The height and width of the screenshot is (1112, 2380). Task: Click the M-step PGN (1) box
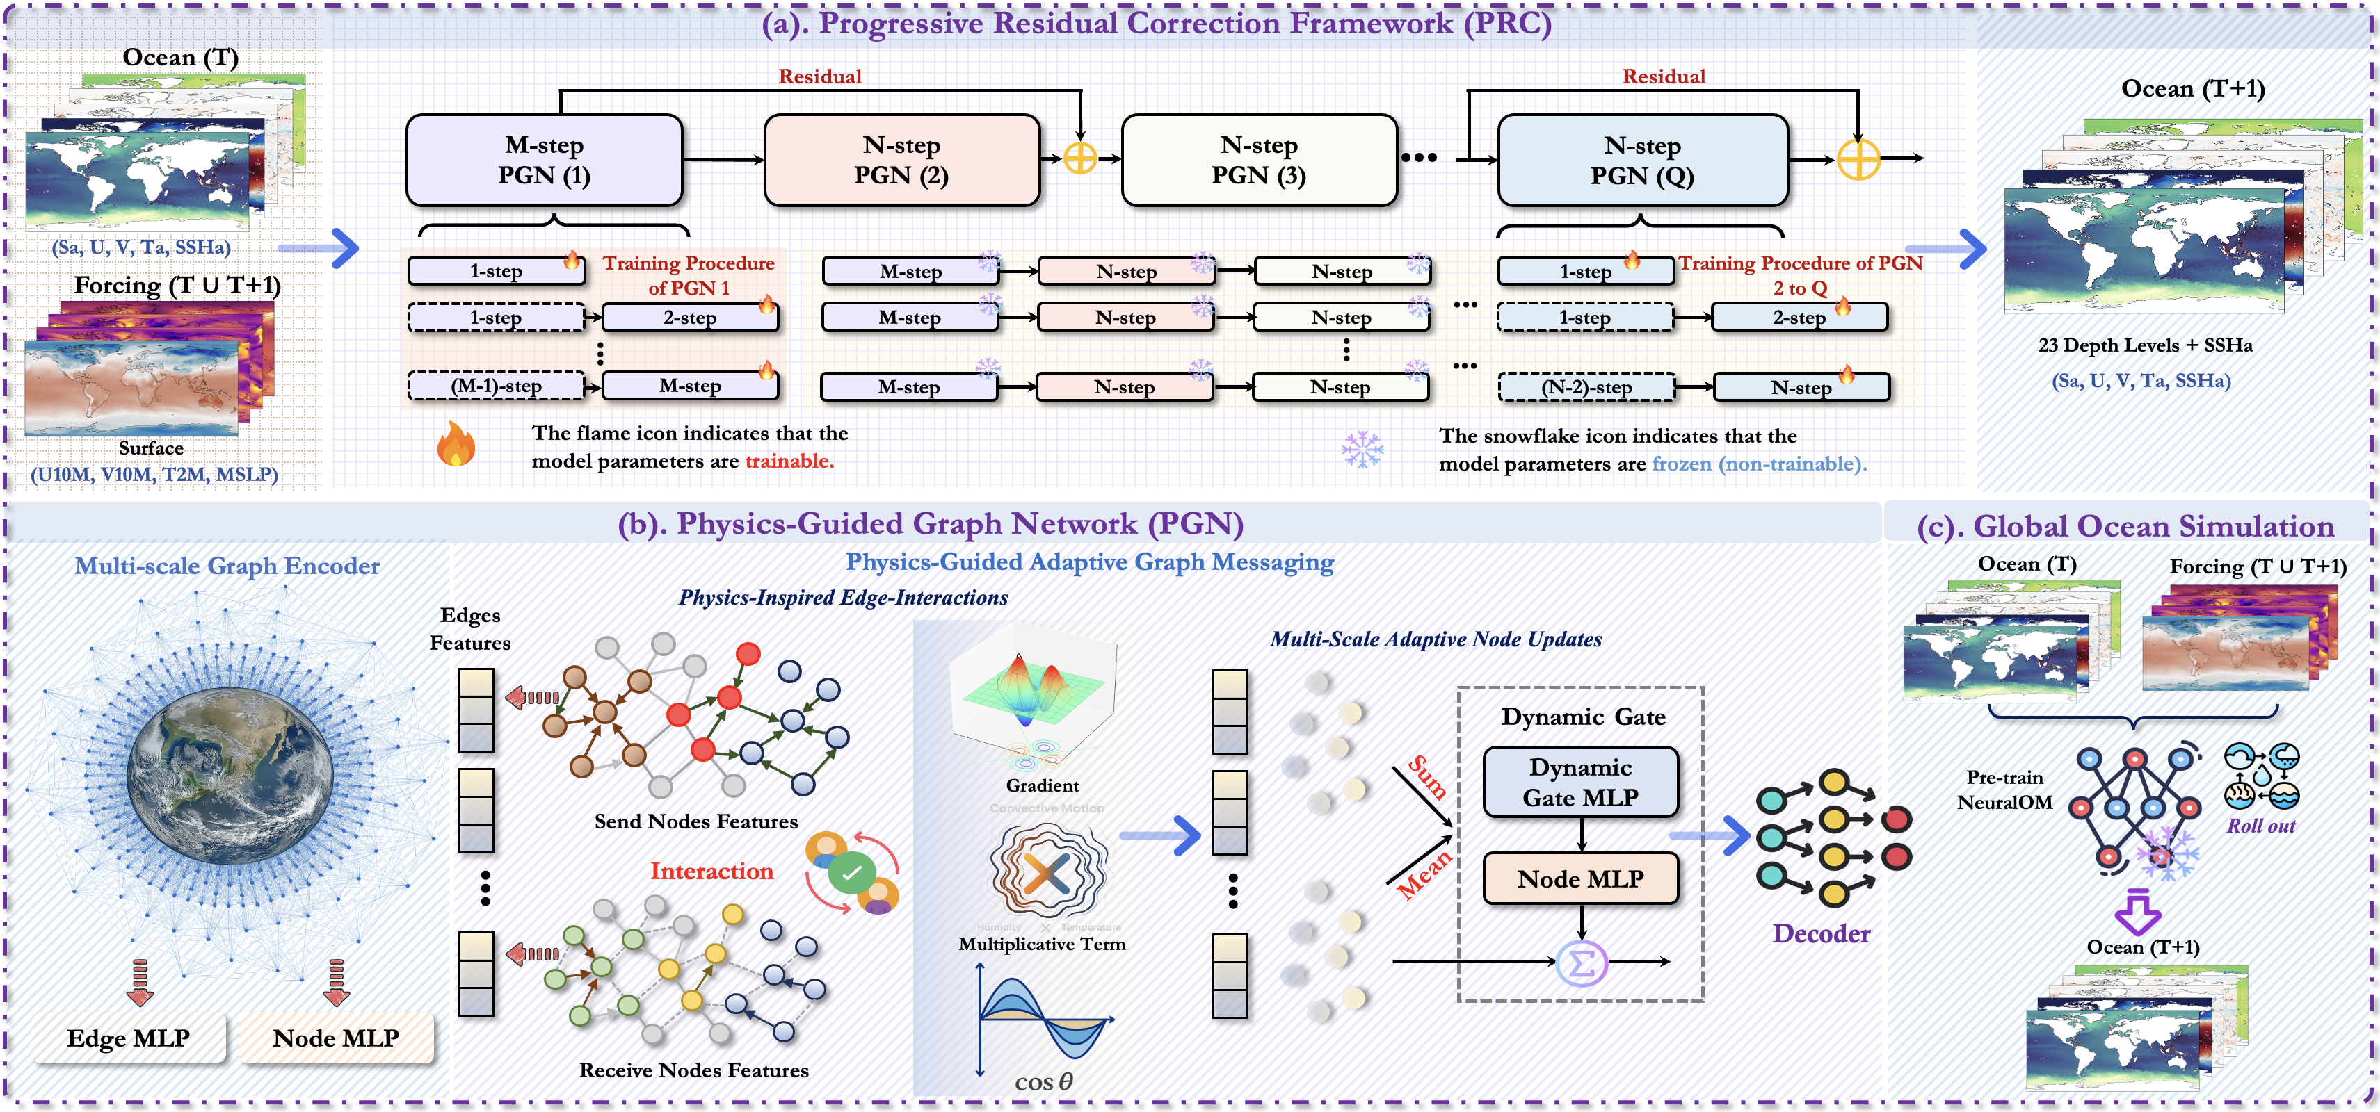[544, 160]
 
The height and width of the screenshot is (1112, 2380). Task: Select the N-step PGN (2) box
[902, 160]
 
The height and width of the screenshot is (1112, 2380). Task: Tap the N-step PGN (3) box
[1258, 160]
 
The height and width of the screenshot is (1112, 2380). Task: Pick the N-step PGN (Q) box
[1642, 160]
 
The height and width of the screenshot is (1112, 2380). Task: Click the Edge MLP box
[129, 1038]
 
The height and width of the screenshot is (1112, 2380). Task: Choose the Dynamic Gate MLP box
[1580, 783]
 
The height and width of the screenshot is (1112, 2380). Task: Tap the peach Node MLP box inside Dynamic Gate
[1580, 878]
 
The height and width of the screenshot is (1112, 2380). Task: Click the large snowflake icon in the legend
[1362, 449]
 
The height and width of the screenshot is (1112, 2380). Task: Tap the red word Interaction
[711, 871]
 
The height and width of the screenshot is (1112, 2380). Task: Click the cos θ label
[1043, 1081]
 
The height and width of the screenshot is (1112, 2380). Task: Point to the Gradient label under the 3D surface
[1042, 785]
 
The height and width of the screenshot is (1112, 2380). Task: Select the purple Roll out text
[2260, 826]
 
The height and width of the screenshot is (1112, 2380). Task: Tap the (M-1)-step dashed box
[496, 386]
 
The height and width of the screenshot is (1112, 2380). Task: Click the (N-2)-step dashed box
[1586, 387]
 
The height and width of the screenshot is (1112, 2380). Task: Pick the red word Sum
[1426, 777]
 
